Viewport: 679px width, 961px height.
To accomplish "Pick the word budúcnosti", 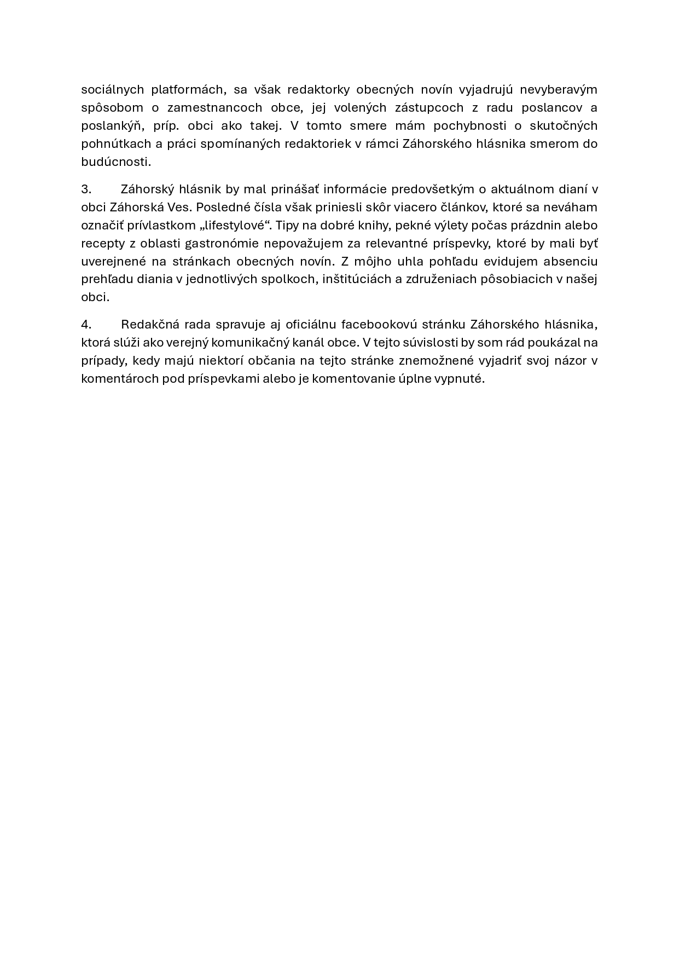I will point(115,162).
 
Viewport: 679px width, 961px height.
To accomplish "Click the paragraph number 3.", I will point(86,189).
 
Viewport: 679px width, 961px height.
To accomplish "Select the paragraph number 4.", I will point(86,324).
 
